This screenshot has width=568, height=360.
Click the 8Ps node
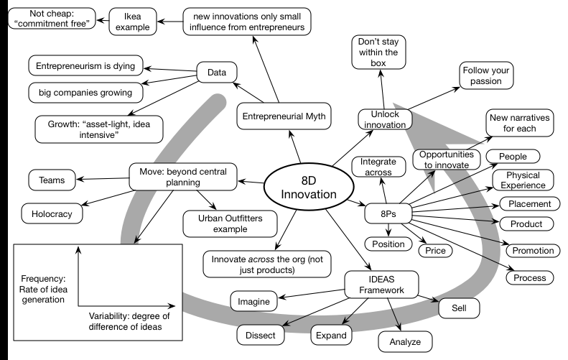coord(386,213)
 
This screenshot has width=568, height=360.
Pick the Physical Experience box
coord(523,180)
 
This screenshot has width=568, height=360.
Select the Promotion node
coord(532,250)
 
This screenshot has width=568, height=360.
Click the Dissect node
coord(261,334)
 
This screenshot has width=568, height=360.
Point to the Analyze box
coord(405,340)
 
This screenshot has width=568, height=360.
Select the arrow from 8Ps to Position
coord(388,229)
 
